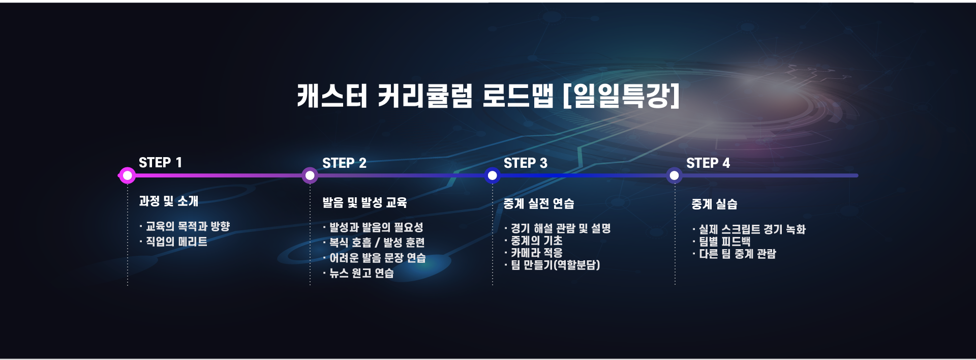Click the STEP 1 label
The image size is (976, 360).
click(160, 163)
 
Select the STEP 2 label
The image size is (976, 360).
click(344, 163)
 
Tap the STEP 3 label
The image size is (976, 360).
click(526, 163)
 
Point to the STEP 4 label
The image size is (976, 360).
click(708, 163)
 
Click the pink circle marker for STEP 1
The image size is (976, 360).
click(128, 176)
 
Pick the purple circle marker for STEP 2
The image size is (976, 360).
click(310, 176)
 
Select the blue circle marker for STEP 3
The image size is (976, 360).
click(492, 176)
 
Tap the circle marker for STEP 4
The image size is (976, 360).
click(674, 176)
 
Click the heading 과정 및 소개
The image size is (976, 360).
click(169, 201)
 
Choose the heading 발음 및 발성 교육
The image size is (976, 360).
click(364, 203)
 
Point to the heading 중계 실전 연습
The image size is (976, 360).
click(539, 204)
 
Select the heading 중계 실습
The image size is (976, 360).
click(714, 204)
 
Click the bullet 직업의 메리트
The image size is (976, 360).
click(176, 242)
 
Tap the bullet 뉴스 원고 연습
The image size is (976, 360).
click(361, 273)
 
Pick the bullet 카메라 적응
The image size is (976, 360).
click(537, 253)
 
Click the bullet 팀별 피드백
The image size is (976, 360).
click(724, 242)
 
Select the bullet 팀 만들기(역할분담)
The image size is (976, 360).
click(555, 265)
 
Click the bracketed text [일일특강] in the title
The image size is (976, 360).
click(621, 96)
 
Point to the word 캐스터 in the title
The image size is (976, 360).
click(332, 96)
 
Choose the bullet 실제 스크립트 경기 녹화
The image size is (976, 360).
click(752, 229)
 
